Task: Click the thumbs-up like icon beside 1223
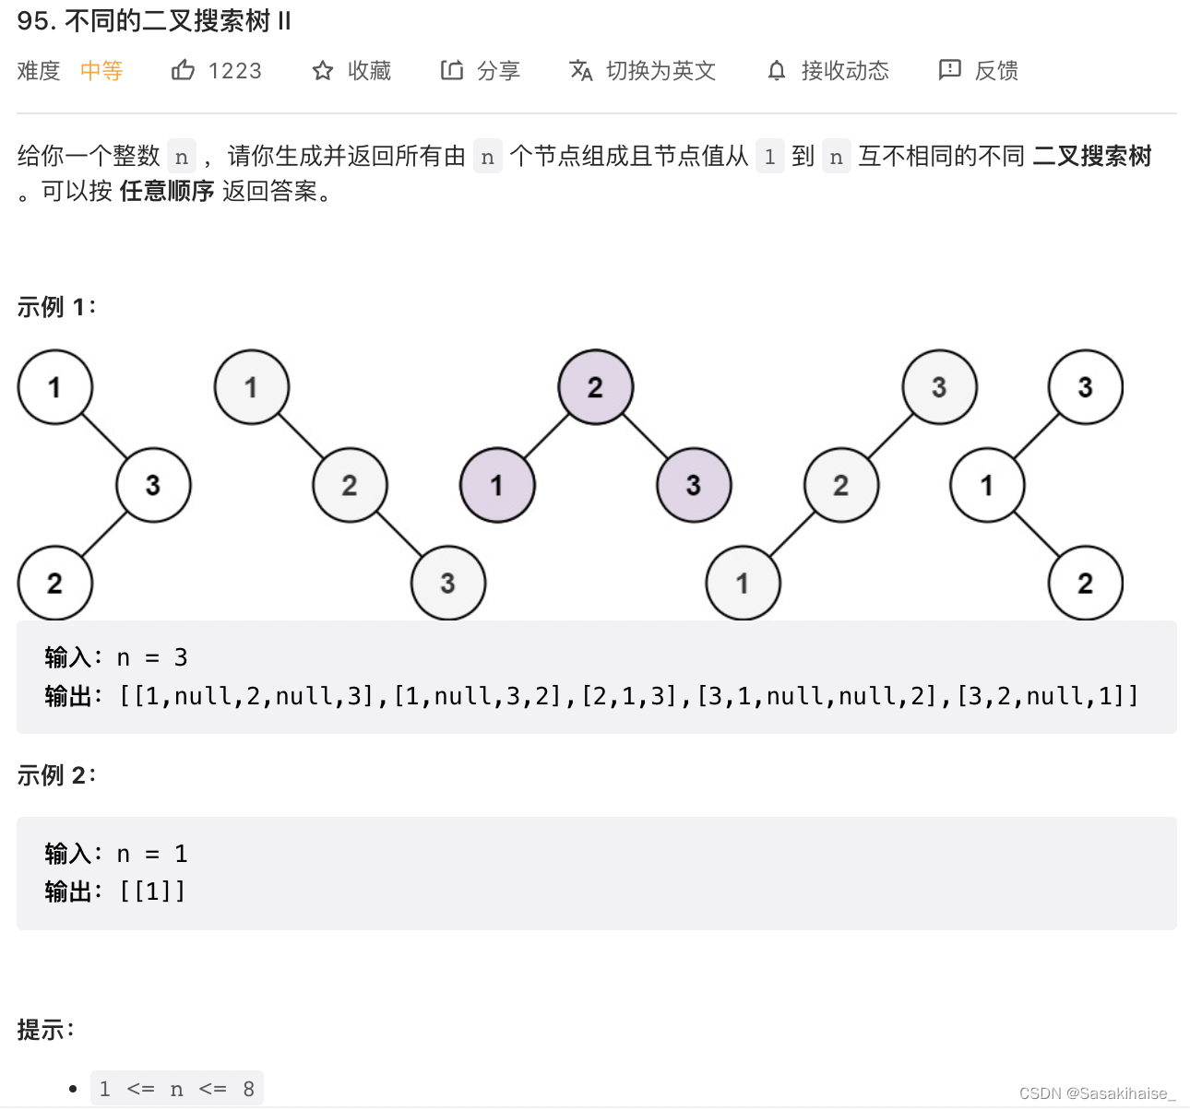point(183,70)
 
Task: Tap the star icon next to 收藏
point(322,71)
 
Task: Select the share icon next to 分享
point(452,70)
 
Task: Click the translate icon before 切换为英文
point(581,70)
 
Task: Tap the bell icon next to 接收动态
point(777,71)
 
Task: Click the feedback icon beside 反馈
point(949,70)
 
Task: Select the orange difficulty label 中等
point(101,71)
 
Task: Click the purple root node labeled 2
point(595,387)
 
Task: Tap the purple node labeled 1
point(497,485)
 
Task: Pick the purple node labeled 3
point(694,485)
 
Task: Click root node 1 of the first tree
point(55,387)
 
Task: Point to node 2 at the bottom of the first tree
point(55,583)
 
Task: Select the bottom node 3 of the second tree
point(447,583)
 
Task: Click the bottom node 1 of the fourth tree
point(743,583)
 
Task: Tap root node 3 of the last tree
point(1085,387)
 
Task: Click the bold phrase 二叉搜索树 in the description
point(1092,156)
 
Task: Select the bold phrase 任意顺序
point(167,191)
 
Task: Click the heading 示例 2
point(55,775)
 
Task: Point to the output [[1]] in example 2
point(152,892)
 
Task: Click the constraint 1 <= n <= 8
point(176,1089)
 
